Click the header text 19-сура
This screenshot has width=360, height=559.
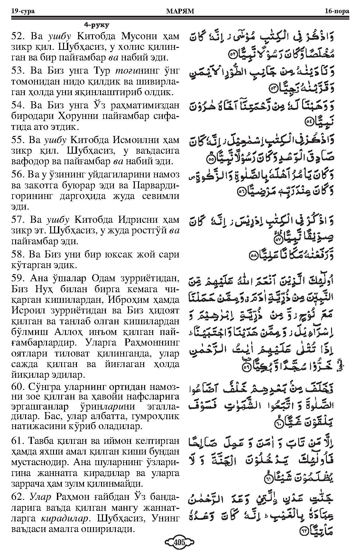[23, 12]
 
